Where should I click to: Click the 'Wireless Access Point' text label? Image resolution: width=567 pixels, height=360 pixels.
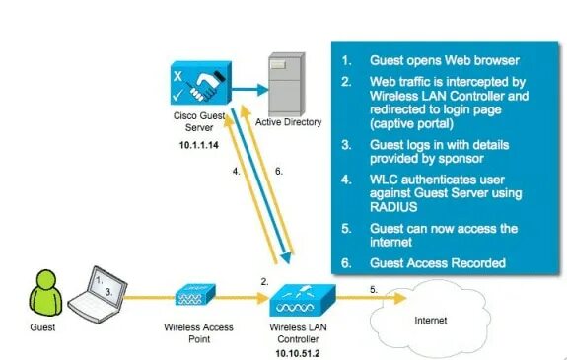point(197,327)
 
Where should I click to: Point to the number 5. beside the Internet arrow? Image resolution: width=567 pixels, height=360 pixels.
point(374,288)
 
